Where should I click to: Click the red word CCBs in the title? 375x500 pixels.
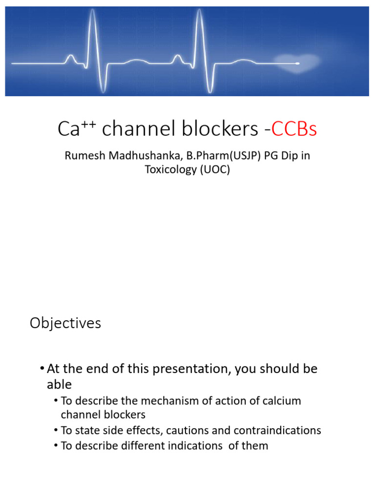click(294, 129)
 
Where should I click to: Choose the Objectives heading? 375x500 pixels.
click(65, 323)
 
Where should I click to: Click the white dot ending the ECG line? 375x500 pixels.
click(297, 63)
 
